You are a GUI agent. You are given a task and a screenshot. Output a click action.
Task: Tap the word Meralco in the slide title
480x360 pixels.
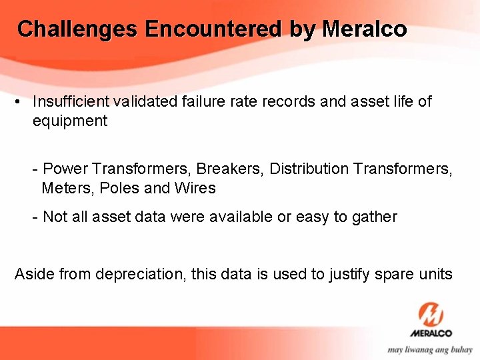click(364, 29)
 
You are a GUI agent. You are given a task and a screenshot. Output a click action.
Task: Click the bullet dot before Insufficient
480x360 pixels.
click(19, 102)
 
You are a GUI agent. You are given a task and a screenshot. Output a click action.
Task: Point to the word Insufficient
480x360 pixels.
click(71, 101)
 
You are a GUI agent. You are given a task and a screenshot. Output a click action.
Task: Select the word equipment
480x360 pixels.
click(69, 121)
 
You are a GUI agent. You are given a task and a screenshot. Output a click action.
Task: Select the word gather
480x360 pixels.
click(376, 217)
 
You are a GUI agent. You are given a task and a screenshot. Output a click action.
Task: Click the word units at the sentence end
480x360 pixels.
click(435, 274)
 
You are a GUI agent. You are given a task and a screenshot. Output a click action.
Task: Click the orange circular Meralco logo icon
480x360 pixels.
click(431, 313)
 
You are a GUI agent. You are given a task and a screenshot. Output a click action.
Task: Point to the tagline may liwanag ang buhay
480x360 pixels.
click(430, 349)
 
